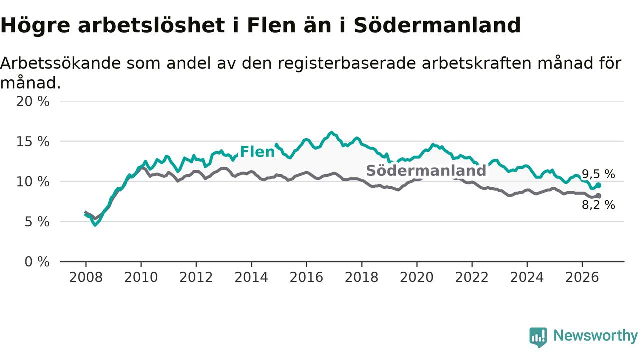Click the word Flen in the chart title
point(271,25)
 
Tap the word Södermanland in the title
point(437,25)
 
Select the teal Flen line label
point(257,151)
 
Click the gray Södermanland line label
point(426,170)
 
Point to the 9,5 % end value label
point(598,174)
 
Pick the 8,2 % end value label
point(598,205)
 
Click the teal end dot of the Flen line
point(598,185)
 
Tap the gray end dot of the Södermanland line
point(598,196)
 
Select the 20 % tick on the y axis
point(33,101)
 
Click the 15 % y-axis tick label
point(33,141)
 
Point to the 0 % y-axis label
point(37,262)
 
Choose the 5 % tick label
point(37,222)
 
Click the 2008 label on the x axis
point(86,277)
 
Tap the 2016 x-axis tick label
point(306,277)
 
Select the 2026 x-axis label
point(582,277)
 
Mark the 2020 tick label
point(417,277)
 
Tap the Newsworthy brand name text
point(595,335)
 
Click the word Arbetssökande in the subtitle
point(61,63)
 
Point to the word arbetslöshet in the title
point(151,25)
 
